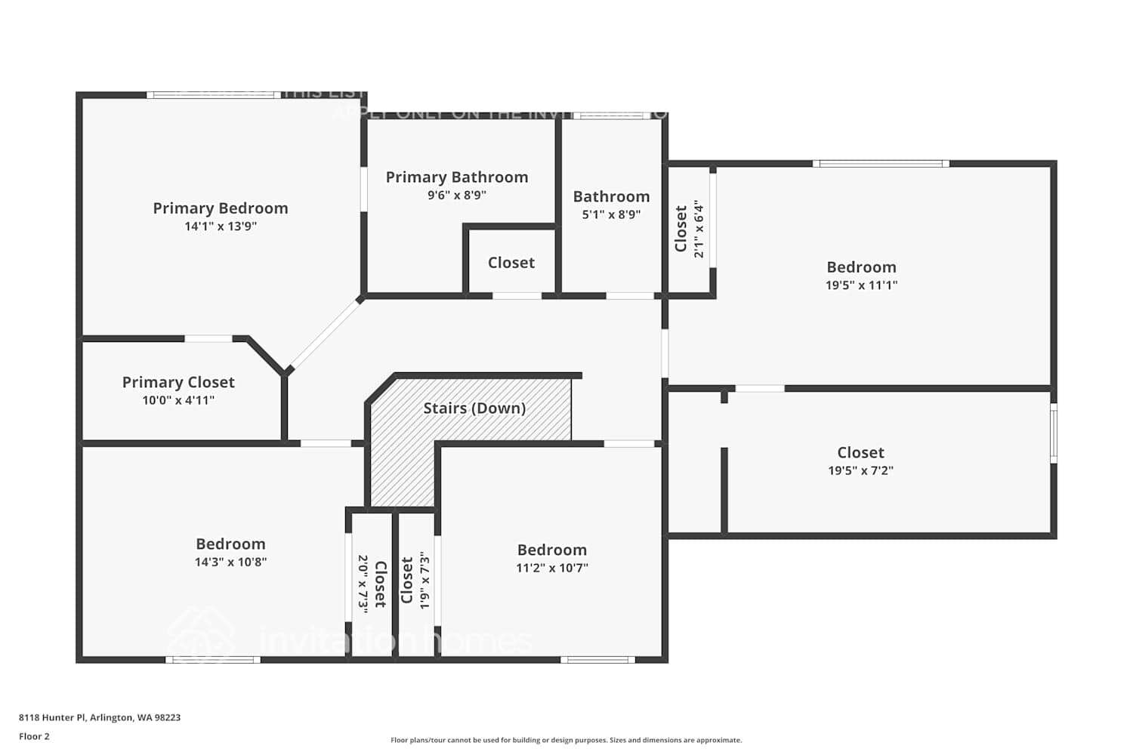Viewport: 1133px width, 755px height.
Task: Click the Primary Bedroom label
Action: (x=221, y=208)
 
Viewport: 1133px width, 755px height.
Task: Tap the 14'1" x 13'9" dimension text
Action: (x=221, y=226)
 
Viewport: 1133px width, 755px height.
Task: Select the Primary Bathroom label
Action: (x=457, y=177)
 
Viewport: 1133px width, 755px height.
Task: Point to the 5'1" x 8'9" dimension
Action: (x=611, y=214)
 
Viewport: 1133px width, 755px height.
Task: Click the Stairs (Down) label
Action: (x=474, y=408)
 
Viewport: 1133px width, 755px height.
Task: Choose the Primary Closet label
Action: (x=178, y=383)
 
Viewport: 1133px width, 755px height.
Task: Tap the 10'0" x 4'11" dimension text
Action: (x=178, y=401)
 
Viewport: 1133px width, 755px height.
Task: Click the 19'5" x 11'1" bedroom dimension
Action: (x=861, y=285)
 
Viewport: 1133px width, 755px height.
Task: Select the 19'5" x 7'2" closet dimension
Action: (x=860, y=471)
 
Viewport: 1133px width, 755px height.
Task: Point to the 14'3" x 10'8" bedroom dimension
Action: (x=230, y=562)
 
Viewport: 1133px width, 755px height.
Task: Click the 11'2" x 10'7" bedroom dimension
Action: (x=552, y=569)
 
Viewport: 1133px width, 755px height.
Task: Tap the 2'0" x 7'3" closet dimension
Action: (x=363, y=584)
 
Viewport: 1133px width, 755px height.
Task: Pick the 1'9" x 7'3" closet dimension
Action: (x=424, y=581)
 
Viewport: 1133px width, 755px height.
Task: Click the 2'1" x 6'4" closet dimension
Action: (x=699, y=229)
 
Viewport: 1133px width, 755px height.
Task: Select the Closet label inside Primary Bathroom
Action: (x=511, y=263)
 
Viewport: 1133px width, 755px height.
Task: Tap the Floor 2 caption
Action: (x=34, y=737)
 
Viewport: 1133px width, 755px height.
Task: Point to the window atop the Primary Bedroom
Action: (x=214, y=95)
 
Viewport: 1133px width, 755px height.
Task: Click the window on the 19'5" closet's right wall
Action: (x=1054, y=433)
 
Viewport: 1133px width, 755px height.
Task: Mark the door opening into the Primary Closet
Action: (x=208, y=339)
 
